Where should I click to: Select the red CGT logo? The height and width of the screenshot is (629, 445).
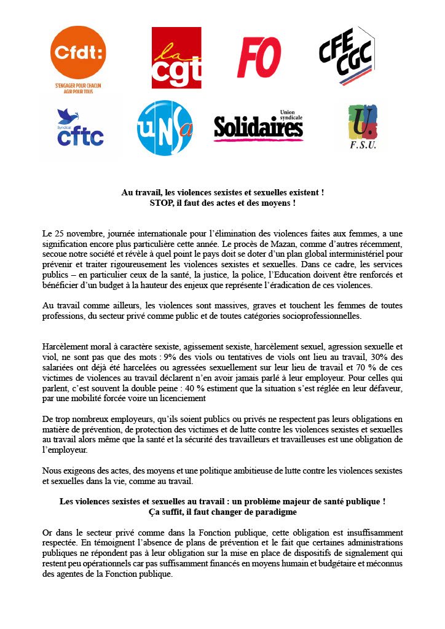coord(176,58)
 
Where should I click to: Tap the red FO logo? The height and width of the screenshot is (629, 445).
coord(259,57)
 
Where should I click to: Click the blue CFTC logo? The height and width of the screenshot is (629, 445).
coord(80,128)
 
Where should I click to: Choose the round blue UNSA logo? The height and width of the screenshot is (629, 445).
coord(165,128)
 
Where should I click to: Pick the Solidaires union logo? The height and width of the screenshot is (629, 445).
coord(259,127)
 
